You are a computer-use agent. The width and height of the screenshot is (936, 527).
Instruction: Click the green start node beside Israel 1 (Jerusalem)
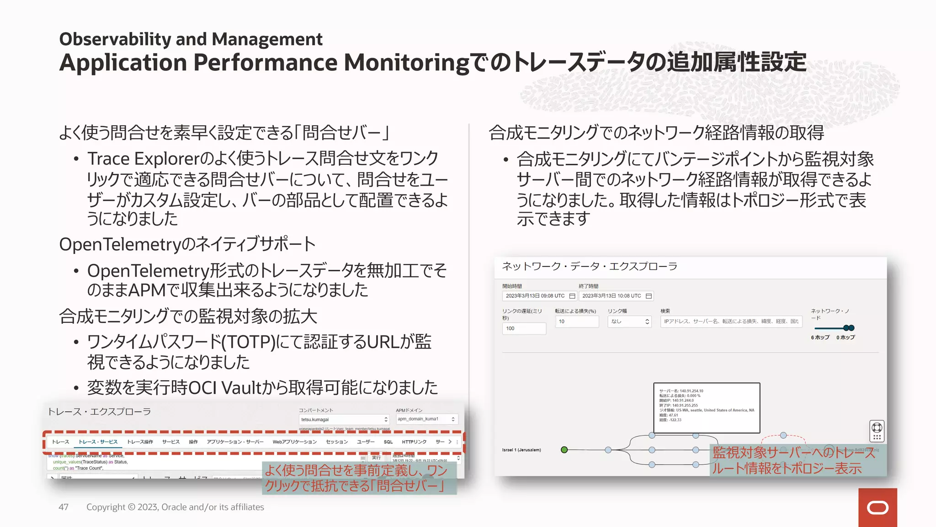pos(564,450)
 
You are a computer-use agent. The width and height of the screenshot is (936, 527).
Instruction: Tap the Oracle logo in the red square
pos(877,508)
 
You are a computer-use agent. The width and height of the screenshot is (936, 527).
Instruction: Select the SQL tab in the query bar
pos(388,442)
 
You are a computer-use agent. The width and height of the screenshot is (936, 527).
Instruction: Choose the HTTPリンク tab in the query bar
pos(414,442)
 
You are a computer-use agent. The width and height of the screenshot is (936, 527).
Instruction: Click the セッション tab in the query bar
pos(337,442)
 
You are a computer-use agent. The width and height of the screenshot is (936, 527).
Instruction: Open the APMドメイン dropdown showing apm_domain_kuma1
pos(426,419)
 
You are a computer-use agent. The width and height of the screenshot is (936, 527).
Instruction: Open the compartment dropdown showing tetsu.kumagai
pos(344,419)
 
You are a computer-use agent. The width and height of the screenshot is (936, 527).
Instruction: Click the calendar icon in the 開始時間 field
pos(572,296)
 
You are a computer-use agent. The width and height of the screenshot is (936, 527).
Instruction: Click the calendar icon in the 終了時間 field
pos(649,296)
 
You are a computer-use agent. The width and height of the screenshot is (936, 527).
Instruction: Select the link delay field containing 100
pos(524,328)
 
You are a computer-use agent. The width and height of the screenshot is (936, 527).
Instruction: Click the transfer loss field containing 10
pos(577,322)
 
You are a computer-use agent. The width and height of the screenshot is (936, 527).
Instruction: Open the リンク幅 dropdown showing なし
pos(629,322)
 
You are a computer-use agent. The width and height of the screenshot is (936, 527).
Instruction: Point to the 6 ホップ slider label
pos(820,338)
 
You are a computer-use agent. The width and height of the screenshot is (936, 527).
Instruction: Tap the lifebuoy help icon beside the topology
pos(877,428)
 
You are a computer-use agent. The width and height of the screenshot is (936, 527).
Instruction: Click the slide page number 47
pos(64,507)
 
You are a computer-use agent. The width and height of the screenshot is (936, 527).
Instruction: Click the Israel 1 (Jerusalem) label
pos(521,450)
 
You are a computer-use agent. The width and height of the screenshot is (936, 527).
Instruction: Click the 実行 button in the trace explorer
pos(376,457)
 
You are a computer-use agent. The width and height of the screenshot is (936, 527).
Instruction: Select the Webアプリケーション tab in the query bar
pos(295,442)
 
